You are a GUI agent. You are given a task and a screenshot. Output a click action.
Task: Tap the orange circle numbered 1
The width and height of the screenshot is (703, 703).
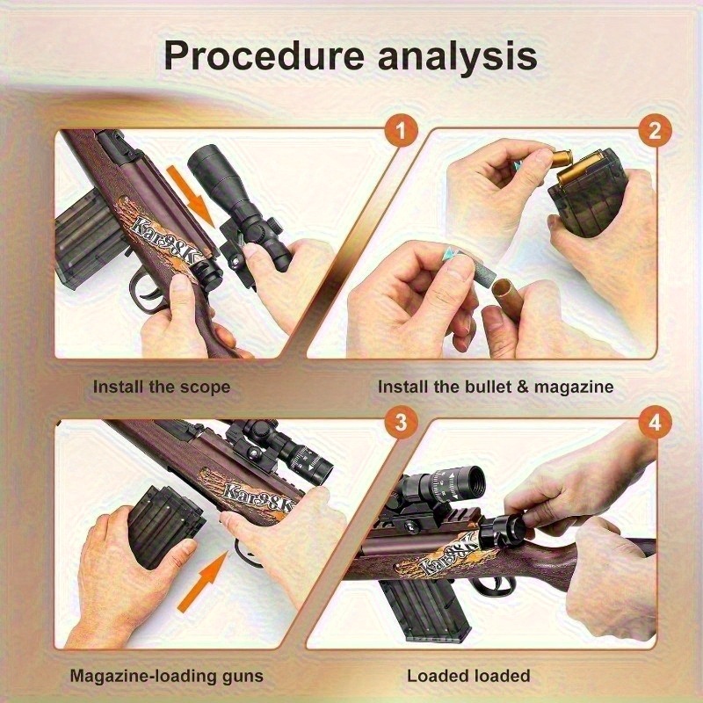(x=401, y=131)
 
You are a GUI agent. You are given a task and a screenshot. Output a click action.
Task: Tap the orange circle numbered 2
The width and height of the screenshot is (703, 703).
(x=655, y=131)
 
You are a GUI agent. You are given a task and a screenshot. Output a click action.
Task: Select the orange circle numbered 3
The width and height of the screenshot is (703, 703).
(x=401, y=422)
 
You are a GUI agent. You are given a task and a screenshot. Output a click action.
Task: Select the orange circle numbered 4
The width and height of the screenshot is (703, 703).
(x=655, y=422)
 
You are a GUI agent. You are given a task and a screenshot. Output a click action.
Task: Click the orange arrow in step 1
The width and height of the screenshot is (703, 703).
(x=192, y=195)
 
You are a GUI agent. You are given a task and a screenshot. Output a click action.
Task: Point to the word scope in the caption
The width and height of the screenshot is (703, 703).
(x=206, y=388)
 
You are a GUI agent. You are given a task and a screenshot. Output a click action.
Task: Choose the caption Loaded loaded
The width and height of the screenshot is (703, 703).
(x=468, y=676)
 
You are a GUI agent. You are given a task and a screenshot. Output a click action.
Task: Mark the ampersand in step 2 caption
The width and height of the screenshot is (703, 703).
(x=522, y=387)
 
